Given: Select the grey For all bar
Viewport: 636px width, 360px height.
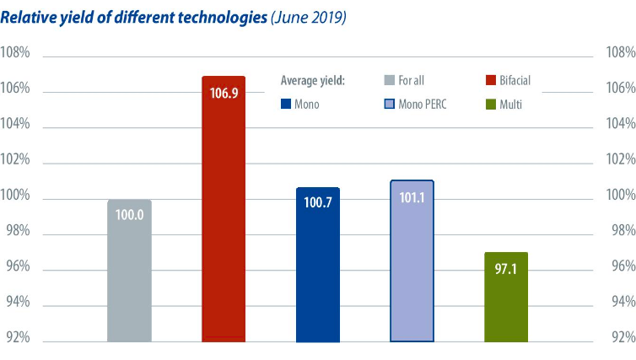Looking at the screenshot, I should (x=129, y=278).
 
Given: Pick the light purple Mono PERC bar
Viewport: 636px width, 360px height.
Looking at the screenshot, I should (x=412, y=270).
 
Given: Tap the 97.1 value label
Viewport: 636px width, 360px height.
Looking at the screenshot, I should (x=506, y=267).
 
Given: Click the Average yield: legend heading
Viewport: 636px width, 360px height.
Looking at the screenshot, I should (x=313, y=81).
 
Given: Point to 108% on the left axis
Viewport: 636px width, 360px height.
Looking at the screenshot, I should (x=15, y=53).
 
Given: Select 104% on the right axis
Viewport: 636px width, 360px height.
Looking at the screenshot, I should (x=620, y=124).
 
